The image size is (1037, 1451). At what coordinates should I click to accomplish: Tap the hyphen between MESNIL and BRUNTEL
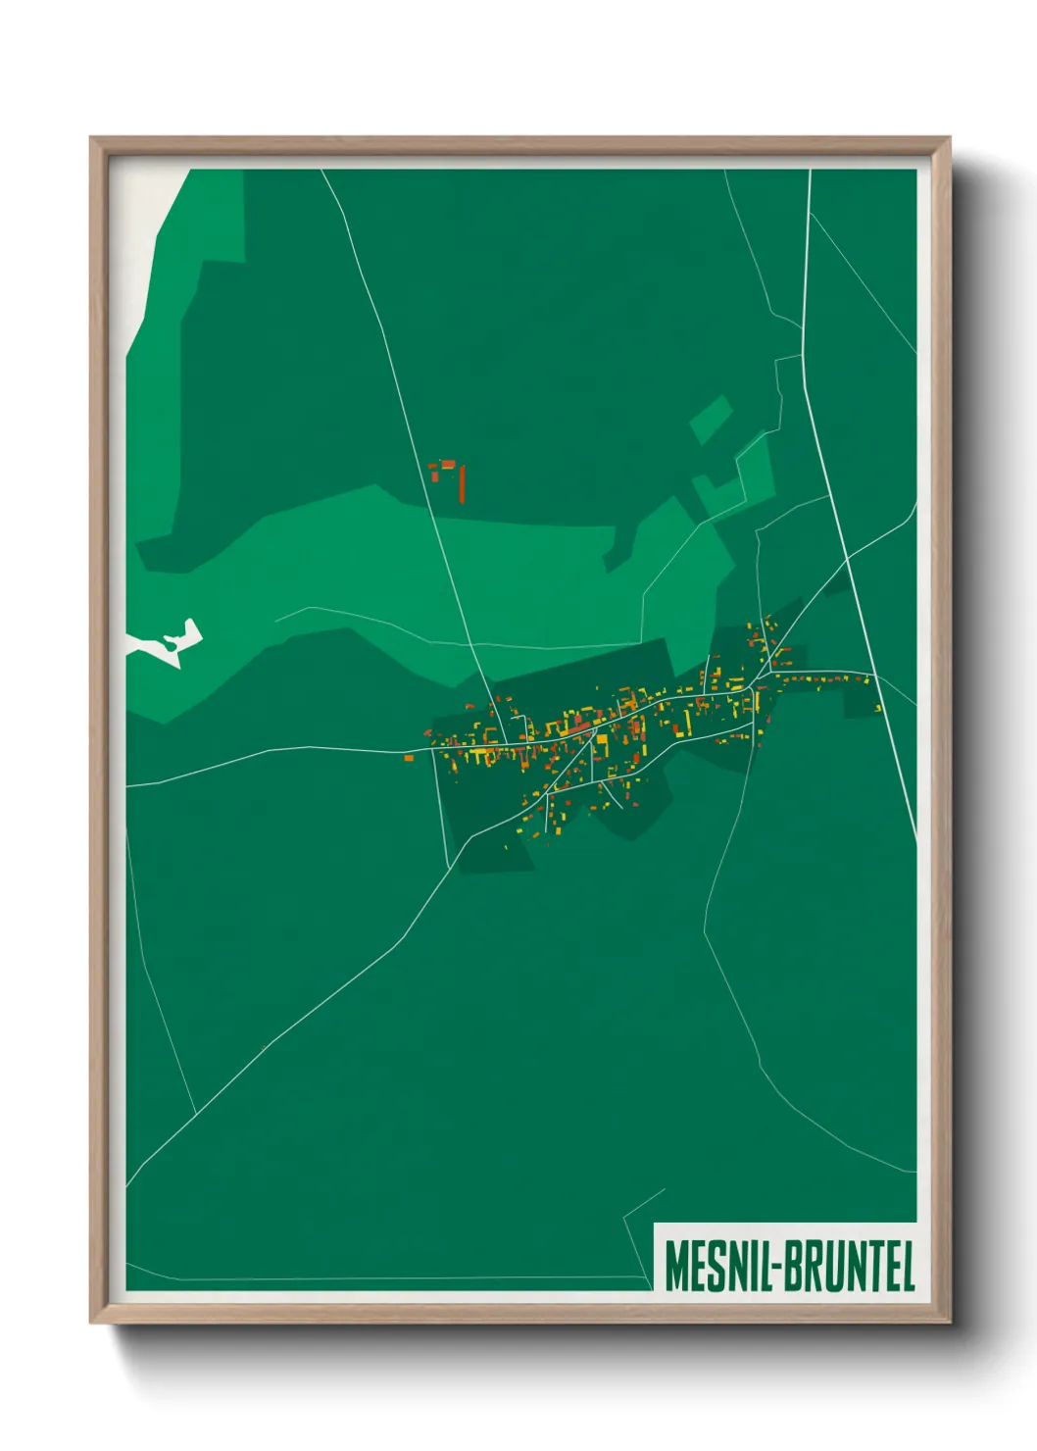(776, 1267)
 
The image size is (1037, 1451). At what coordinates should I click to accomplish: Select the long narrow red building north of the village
(461, 483)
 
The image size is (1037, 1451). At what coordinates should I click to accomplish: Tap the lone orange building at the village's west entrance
(409, 756)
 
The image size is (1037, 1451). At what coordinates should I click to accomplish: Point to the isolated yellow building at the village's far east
(877, 708)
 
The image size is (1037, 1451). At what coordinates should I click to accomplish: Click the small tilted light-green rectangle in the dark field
(711, 420)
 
